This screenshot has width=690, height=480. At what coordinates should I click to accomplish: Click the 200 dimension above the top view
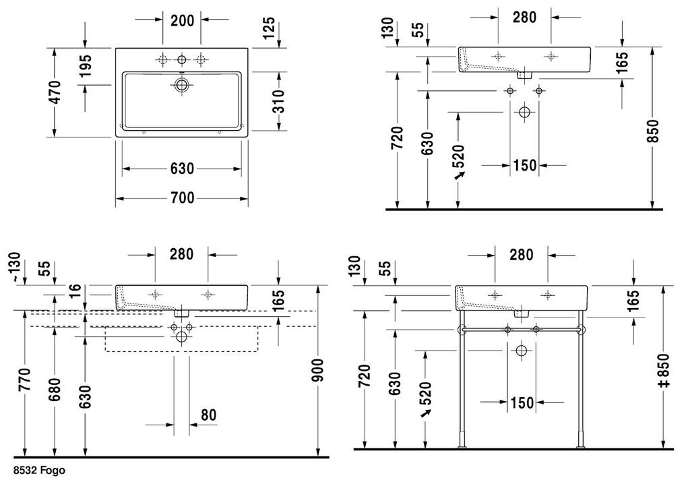(x=182, y=20)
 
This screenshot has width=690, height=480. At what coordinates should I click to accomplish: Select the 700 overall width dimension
(x=182, y=198)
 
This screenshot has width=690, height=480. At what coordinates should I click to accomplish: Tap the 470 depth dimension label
(x=55, y=92)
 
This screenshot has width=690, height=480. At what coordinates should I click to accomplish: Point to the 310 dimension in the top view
(x=278, y=101)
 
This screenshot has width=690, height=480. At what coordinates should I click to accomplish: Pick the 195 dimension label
(x=86, y=65)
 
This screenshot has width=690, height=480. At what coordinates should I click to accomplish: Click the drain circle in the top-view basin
(x=181, y=85)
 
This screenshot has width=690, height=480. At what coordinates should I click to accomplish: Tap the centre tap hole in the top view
(x=181, y=60)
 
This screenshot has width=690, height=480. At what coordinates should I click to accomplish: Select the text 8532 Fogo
(x=39, y=471)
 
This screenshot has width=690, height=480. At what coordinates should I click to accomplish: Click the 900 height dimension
(x=318, y=370)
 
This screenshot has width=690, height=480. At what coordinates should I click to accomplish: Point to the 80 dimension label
(x=209, y=415)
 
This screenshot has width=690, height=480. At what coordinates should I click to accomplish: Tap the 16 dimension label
(x=75, y=291)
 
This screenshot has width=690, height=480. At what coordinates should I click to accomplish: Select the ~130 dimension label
(x=15, y=267)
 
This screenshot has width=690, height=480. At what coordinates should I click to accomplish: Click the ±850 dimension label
(x=664, y=371)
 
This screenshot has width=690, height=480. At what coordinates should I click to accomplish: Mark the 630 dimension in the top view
(x=182, y=169)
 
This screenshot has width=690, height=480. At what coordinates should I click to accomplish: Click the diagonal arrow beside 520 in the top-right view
(x=460, y=175)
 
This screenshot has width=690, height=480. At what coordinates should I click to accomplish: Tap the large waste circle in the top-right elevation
(x=524, y=112)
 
